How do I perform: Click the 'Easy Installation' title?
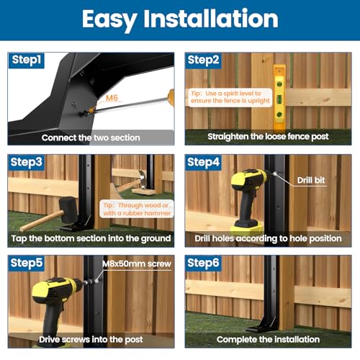point(179,19)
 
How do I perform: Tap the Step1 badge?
point(27,60)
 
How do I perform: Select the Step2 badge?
point(204,60)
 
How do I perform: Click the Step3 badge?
point(27,163)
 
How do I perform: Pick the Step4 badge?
point(204,163)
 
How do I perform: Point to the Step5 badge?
point(27,264)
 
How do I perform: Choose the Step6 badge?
point(204,264)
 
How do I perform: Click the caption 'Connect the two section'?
point(91,137)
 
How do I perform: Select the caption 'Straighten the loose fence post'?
point(268,137)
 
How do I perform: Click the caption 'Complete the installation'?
point(268,339)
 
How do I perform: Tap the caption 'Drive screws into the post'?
point(91,339)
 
